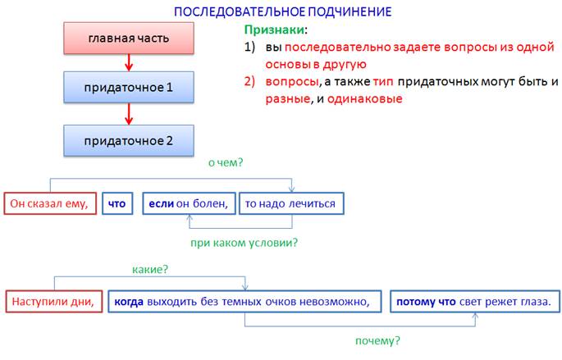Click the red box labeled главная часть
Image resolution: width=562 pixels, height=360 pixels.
tap(129, 39)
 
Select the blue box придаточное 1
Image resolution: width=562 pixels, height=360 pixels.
tap(129, 87)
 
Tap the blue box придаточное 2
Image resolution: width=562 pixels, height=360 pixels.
tap(129, 140)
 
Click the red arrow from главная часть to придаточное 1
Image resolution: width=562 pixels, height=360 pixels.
tap(129, 62)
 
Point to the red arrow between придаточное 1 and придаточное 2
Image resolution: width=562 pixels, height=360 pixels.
tap(129, 114)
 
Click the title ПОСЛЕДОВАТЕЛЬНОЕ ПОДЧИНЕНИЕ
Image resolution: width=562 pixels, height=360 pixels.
tap(282, 11)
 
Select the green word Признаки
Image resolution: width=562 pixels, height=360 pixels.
tap(274, 30)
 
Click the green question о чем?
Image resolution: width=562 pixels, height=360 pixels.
tap(226, 162)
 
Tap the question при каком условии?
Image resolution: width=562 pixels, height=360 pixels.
tap(244, 243)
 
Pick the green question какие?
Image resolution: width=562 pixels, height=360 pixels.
tap(150, 269)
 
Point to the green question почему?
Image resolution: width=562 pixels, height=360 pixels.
tap(377, 340)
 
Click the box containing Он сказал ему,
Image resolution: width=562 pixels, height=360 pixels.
tap(50, 203)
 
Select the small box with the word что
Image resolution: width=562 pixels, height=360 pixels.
tap(117, 203)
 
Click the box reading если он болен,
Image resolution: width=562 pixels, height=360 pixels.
tap(189, 203)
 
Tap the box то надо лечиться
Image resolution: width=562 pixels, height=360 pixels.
tap(291, 203)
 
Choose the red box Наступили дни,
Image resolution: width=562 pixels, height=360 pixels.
tap(54, 301)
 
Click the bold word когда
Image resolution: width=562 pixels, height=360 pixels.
tap(129, 302)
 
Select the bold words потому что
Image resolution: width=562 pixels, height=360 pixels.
tap(426, 302)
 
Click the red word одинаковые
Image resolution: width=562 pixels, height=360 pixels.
tap(364, 98)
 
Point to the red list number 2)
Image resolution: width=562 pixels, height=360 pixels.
tap(249, 82)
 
